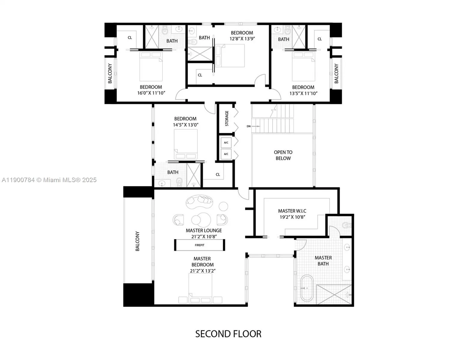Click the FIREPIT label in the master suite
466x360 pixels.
coord(199,245)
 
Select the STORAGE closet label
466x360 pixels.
coord(227,118)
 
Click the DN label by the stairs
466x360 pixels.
coord(249,126)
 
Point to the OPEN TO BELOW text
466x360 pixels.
coord(283,155)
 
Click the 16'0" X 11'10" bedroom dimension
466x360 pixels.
coord(151,93)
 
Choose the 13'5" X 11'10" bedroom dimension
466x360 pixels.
coord(303,93)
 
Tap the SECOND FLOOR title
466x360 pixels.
coord(228,334)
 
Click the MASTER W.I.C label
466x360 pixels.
coord(292,211)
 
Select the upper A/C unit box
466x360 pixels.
coord(226,142)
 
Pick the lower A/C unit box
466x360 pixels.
coord(226,154)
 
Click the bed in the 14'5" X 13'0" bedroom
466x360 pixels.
coord(186,144)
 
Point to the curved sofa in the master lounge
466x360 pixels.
coord(199,202)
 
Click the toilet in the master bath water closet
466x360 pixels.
coord(347,225)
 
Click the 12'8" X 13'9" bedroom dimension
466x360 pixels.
coord(242,39)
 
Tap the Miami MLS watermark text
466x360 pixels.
coord(49,180)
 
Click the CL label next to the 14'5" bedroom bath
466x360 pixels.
coord(218,174)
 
